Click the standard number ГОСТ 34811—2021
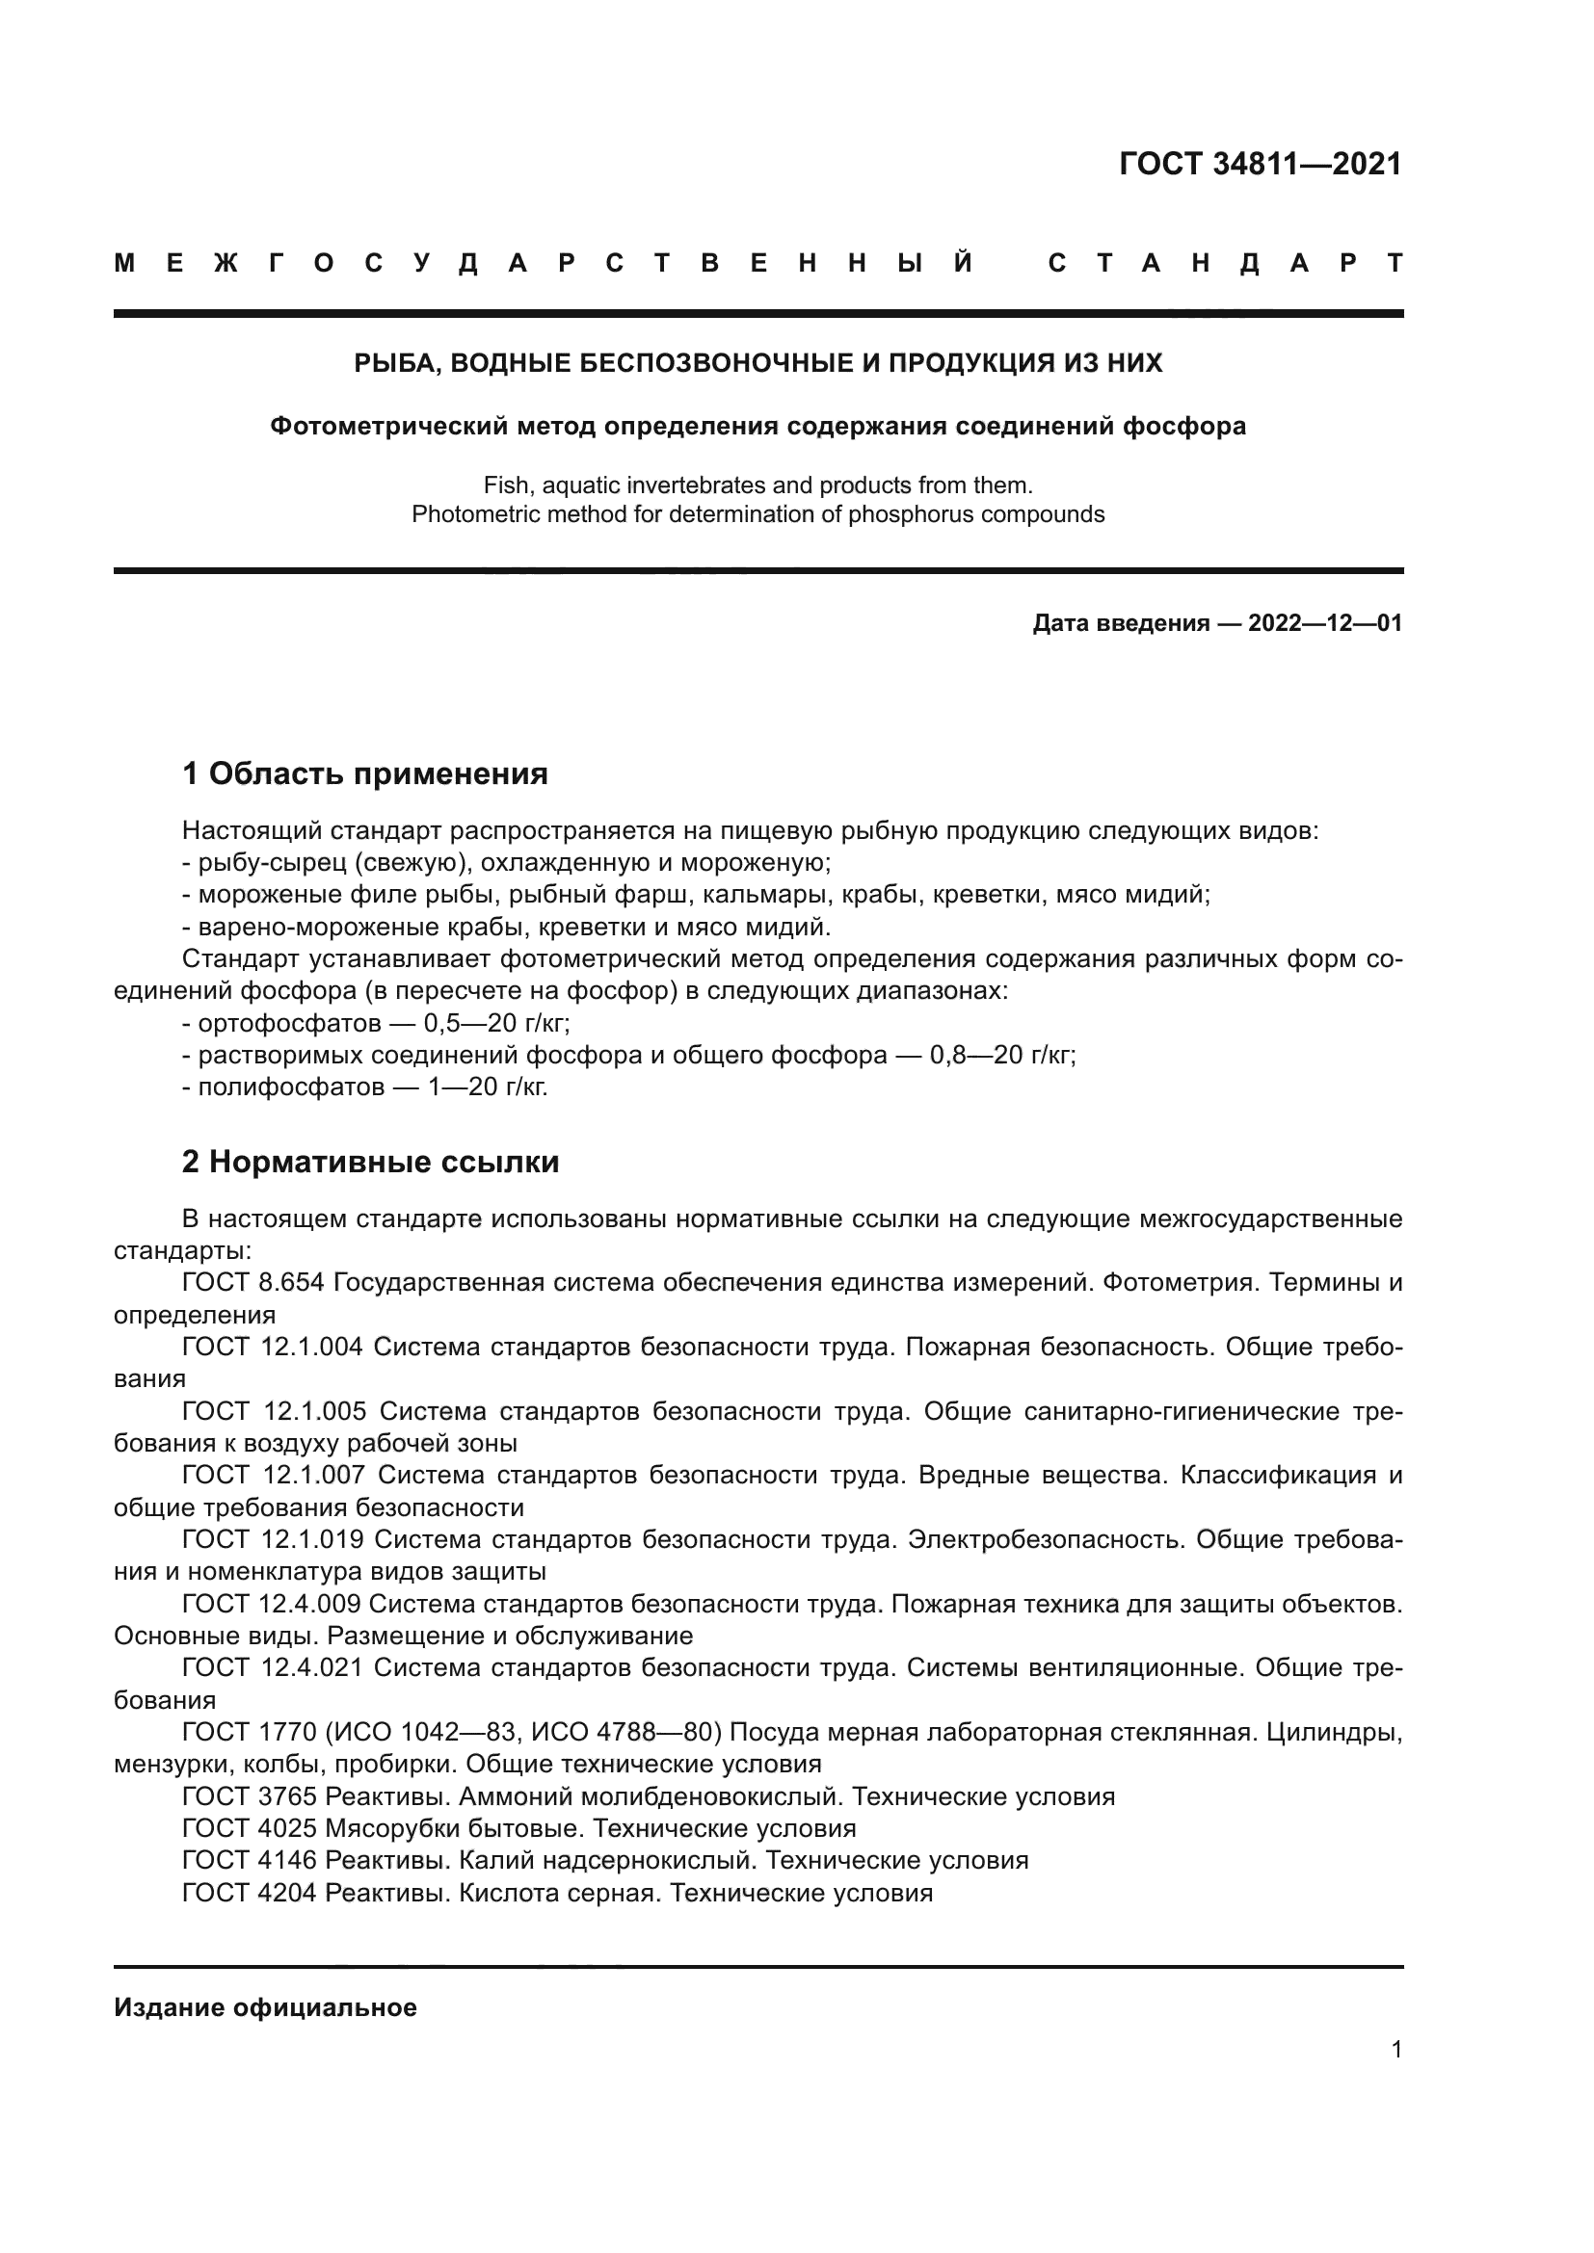tap(1261, 164)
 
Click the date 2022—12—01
tap(1324, 623)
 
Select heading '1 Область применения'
tap(364, 773)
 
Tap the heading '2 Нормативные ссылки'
tap(370, 1162)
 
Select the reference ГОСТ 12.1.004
tap(272, 1348)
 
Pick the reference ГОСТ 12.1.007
tap(273, 1476)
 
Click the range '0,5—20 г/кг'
tap(495, 1024)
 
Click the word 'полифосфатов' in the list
tap(291, 1087)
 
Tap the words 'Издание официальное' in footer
tap(265, 2007)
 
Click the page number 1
tap(1395, 2049)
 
